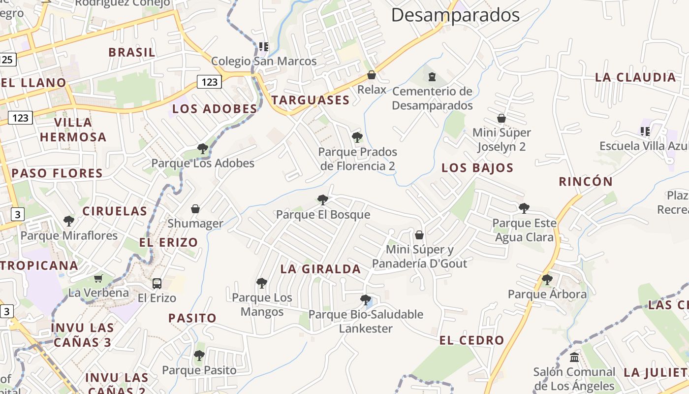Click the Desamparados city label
(x=455, y=15)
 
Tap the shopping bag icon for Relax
(x=372, y=75)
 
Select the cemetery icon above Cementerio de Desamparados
(x=432, y=77)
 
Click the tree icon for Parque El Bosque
(x=323, y=199)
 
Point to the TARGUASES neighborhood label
(x=310, y=100)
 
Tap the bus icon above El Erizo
(x=157, y=283)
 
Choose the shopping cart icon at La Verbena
(x=98, y=278)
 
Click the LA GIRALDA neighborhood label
(x=320, y=269)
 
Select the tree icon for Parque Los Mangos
(x=262, y=283)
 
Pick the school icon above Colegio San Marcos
(x=264, y=47)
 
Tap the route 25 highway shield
(x=7, y=60)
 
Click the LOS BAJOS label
(x=477, y=167)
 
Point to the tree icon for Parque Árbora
(x=547, y=280)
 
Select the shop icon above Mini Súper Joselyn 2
(x=501, y=118)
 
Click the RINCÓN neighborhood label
(x=586, y=181)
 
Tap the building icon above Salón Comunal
(x=574, y=357)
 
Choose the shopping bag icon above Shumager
(x=195, y=209)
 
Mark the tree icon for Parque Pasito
(x=199, y=355)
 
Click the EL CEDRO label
(x=471, y=340)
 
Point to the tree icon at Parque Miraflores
(x=69, y=221)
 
